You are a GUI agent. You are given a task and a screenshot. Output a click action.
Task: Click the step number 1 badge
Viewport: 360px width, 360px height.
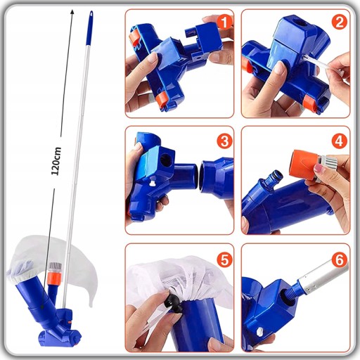point(224,22)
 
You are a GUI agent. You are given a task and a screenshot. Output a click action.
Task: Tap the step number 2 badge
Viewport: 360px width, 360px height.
point(339,22)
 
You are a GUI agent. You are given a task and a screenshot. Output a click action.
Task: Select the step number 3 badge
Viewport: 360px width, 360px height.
point(224,141)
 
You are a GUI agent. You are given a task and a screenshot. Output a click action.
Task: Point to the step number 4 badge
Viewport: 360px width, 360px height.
point(339,141)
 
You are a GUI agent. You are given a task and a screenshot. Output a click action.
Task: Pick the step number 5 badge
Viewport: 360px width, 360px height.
point(224,259)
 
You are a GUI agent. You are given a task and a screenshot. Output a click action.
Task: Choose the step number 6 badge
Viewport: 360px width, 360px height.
point(339,259)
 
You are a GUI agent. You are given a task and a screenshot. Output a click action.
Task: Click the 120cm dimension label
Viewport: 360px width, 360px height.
point(56,161)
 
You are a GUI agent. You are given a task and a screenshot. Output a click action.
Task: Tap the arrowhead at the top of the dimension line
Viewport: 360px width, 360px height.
point(72,12)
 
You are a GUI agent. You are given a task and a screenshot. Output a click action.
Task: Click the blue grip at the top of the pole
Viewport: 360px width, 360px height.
point(89,27)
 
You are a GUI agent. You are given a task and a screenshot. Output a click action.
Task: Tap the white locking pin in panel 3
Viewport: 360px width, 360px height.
point(153,184)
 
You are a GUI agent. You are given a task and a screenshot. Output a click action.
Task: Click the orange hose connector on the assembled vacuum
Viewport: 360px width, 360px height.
point(55,276)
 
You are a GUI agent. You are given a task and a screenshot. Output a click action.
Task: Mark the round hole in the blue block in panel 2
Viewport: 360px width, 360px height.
point(302,23)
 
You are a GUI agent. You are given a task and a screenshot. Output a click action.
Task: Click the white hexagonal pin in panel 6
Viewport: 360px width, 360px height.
point(260,332)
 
